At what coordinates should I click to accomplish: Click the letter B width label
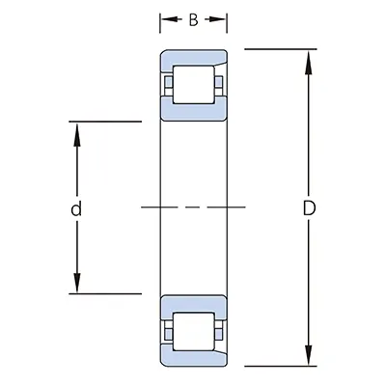point(193,19)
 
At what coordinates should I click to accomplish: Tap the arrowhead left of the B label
point(165,19)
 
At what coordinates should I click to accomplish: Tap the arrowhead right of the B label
point(221,19)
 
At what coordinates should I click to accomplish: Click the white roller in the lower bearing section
point(193,329)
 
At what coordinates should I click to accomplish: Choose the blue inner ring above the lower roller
point(193,303)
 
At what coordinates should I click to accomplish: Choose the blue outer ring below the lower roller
point(193,357)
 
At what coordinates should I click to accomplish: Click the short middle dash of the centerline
point(193,207)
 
